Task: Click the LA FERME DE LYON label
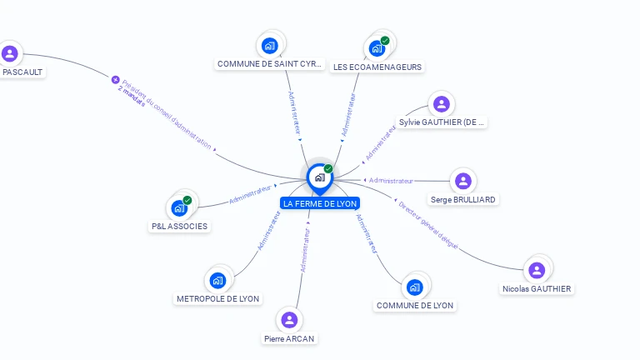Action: point(320,203)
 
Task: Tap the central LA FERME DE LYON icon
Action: point(319,177)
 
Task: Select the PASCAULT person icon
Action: point(10,54)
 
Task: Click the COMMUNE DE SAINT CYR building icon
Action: point(269,45)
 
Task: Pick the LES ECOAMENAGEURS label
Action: point(377,67)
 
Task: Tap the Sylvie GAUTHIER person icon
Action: point(441,104)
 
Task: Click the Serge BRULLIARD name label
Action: point(463,200)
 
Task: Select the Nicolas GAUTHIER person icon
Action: point(537,270)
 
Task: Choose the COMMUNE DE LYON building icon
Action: point(414,287)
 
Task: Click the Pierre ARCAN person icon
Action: point(289,320)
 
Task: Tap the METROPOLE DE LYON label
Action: point(217,298)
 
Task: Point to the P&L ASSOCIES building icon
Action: point(178,208)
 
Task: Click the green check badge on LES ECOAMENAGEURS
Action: point(385,40)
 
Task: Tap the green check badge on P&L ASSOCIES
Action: point(187,200)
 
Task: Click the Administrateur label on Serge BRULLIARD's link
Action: point(391,181)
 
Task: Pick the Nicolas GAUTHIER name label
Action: point(537,289)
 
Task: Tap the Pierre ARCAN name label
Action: point(289,339)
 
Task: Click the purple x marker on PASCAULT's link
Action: point(116,80)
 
